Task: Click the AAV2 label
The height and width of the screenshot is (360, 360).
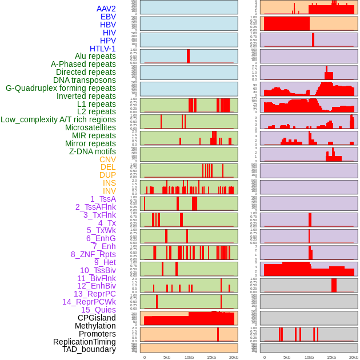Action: tap(106, 9)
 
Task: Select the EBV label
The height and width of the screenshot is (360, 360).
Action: tap(108, 17)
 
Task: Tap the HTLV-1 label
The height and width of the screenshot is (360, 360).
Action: tap(102, 49)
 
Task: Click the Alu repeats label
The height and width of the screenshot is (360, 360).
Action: tap(95, 56)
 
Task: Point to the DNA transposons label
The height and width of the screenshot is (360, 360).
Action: tap(85, 80)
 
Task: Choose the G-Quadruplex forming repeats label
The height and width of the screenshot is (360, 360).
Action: tap(61, 88)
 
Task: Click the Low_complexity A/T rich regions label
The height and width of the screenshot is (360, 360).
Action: tap(58, 119)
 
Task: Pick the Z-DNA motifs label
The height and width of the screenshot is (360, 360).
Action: tap(93, 151)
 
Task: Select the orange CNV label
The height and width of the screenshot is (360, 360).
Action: tap(107, 159)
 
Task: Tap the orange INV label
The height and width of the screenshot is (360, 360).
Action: tap(109, 191)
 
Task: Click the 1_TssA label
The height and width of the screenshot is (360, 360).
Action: tap(103, 199)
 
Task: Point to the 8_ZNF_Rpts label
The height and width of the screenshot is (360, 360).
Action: tap(93, 254)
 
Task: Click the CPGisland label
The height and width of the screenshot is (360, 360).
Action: tap(97, 318)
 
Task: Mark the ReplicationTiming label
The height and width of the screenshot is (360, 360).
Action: tap(84, 342)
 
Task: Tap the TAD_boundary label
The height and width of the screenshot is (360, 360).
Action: tap(89, 349)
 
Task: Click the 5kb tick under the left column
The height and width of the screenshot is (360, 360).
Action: tap(167, 357)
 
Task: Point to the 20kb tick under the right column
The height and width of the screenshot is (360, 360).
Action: tap(354, 357)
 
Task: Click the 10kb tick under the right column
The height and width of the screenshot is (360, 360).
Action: tap(309, 357)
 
